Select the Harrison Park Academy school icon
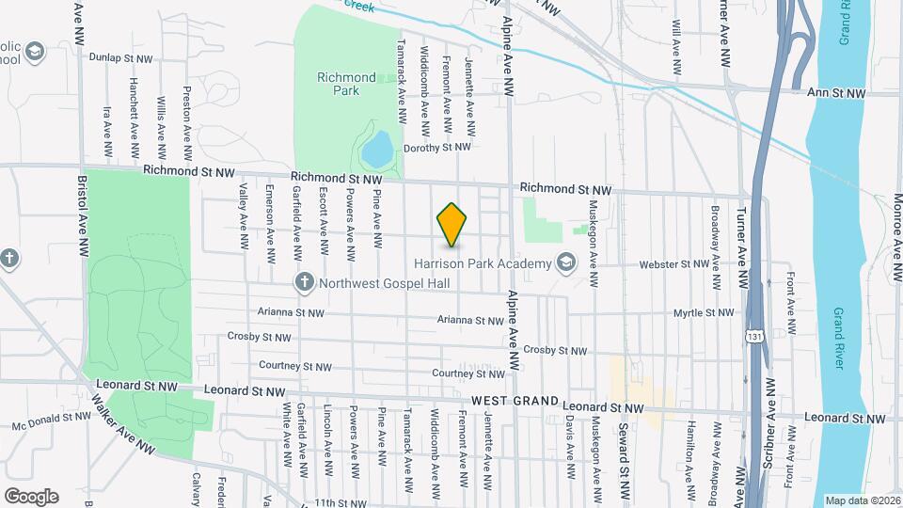(565, 262)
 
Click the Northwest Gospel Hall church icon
(304, 281)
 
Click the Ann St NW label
(836, 93)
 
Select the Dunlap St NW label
(120, 57)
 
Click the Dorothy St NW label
(436, 148)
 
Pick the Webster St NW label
(673, 265)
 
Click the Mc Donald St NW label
(51, 421)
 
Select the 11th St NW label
(338, 503)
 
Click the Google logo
(31, 496)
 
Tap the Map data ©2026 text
(862, 500)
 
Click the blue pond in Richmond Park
(377, 148)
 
